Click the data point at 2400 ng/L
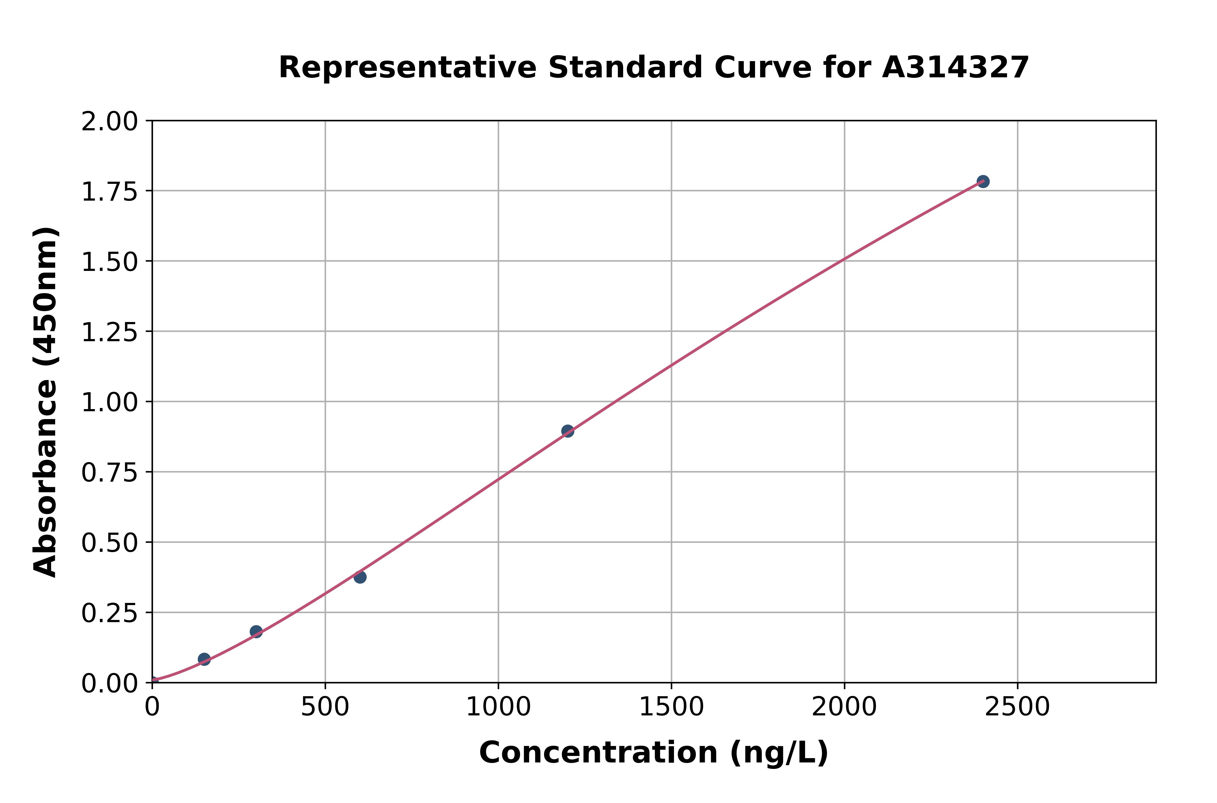point(983,181)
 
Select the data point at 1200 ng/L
point(567,431)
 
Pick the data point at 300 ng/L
point(256,631)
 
